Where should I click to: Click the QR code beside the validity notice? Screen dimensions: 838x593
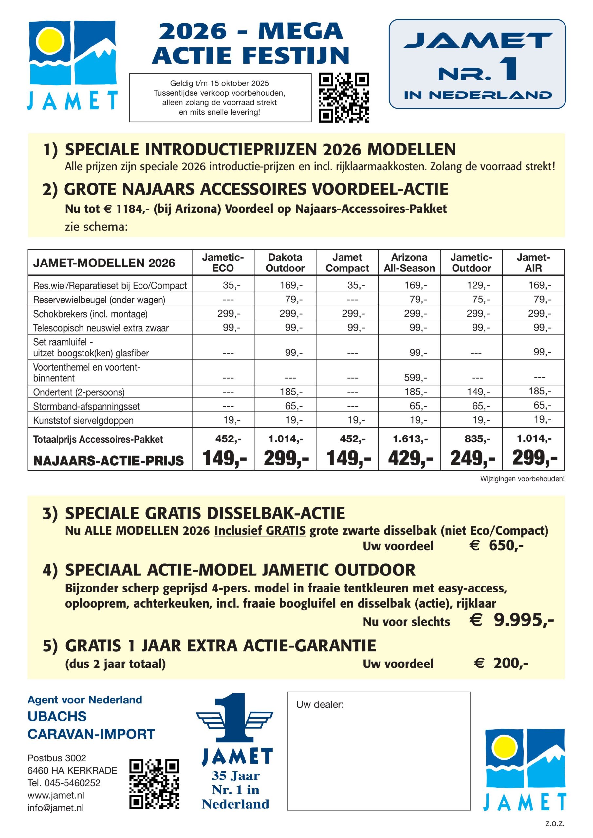pyautogui.click(x=343, y=98)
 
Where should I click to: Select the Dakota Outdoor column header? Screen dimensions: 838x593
pyautogui.click(x=285, y=263)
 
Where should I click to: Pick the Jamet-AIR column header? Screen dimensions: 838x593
pyautogui.click(x=533, y=263)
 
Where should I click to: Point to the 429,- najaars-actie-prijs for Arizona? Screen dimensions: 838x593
pyautogui.click(x=410, y=458)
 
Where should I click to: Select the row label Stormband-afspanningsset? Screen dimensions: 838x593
pyautogui.click(x=86, y=406)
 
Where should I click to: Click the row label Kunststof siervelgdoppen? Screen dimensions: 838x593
pyautogui.click(x=83, y=420)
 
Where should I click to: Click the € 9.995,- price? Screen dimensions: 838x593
pyautogui.click(x=511, y=620)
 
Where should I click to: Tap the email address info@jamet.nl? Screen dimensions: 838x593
pyautogui.click(x=56, y=808)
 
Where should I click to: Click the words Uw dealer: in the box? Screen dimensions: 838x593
pyautogui.click(x=320, y=704)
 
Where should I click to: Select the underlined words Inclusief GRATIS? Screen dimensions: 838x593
pyautogui.click(x=260, y=530)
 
